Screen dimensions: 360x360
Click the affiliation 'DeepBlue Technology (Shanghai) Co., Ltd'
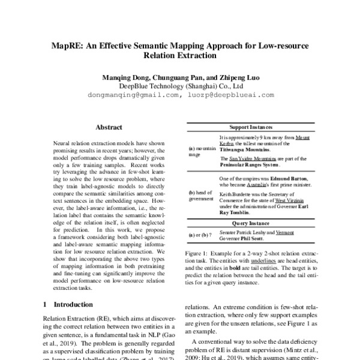point(179,85)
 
